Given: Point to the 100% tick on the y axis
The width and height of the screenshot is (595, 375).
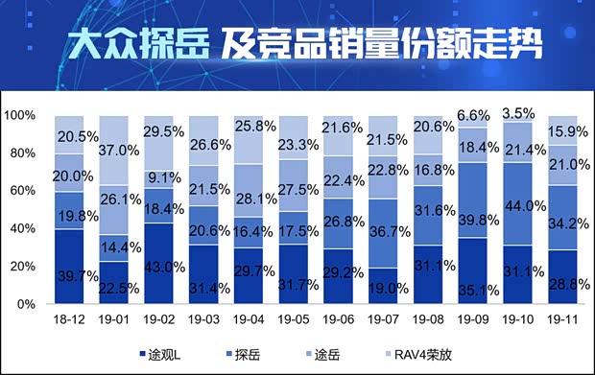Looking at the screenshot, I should click(19, 116).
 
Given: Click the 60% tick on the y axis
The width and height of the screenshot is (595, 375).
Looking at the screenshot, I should click(22, 191).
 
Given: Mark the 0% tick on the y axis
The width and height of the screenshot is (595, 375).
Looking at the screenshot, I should click(26, 304).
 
